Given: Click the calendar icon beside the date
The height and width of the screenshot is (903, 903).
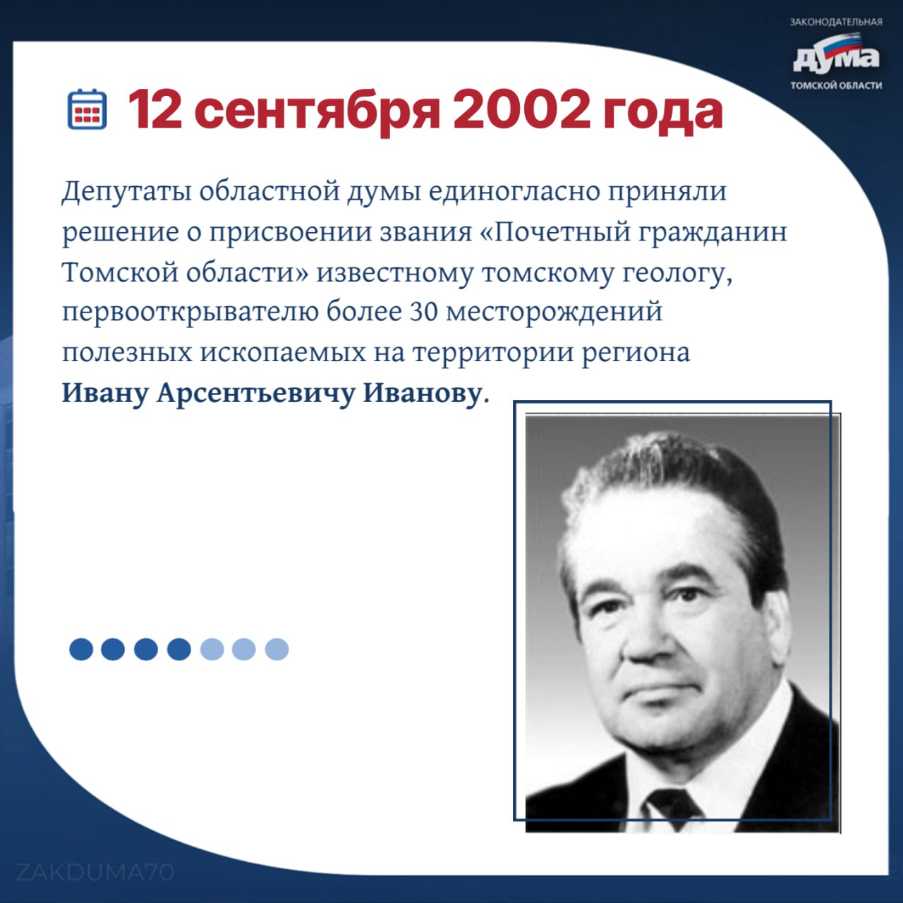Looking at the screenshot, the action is click(x=87, y=109).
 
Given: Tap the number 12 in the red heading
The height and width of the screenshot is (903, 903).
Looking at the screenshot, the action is click(x=154, y=110).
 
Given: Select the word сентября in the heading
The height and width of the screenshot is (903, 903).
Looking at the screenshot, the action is click(x=316, y=112).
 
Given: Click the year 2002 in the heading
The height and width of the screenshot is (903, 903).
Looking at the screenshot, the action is click(x=521, y=110).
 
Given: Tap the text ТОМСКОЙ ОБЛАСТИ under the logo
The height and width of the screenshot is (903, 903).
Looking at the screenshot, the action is click(x=836, y=86).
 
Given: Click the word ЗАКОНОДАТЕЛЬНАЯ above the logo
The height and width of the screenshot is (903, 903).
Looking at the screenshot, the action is click(x=836, y=22).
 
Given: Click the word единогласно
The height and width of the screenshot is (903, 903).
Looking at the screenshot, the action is click(x=514, y=192).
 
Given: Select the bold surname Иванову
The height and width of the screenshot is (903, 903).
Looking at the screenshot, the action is click(x=422, y=394).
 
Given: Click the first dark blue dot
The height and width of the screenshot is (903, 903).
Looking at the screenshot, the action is click(x=81, y=649).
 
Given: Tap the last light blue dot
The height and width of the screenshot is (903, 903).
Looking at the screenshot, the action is click(x=277, y=649).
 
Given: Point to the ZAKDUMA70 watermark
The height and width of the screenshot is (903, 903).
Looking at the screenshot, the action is click(x=95, y=872).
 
